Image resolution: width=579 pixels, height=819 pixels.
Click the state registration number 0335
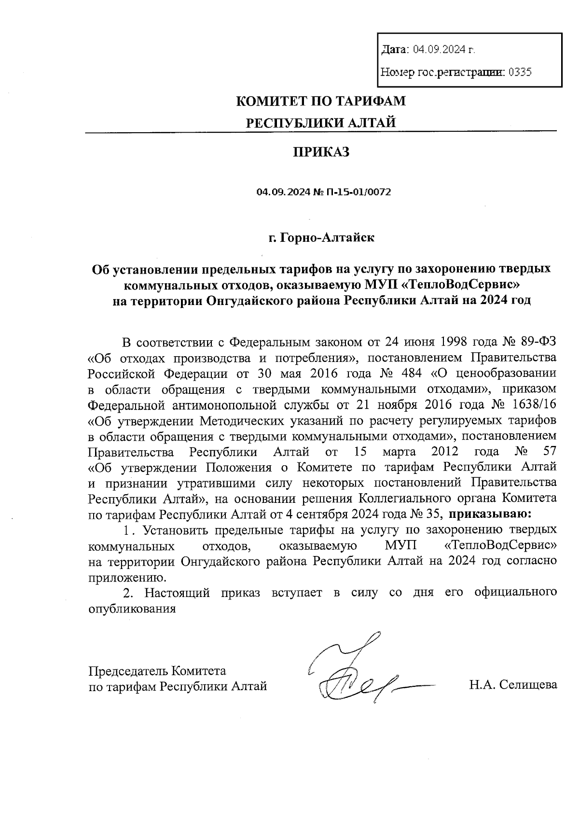521,72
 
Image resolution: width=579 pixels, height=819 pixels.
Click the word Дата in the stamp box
395,49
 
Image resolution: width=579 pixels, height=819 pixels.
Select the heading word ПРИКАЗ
321,152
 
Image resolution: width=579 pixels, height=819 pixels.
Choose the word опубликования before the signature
132,608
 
